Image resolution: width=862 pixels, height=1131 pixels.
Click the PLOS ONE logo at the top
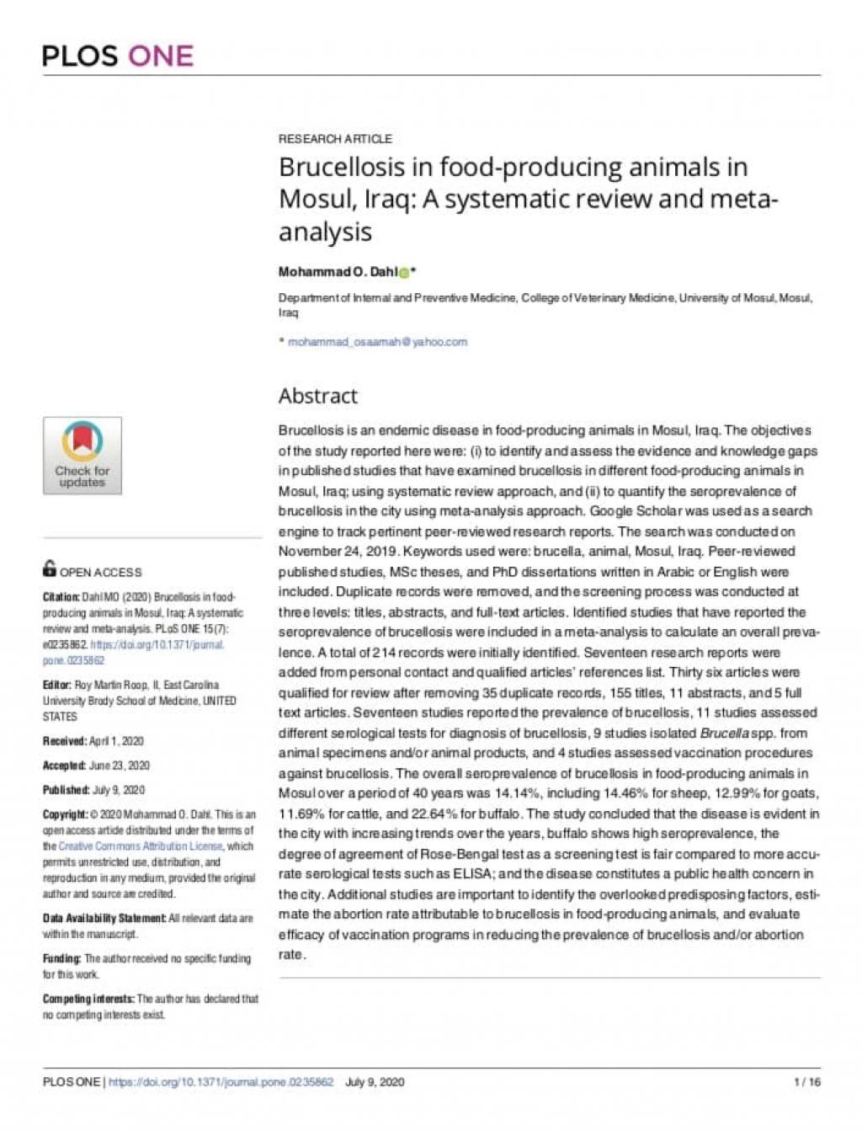[x=118, y=56]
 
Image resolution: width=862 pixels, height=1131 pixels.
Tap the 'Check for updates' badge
[x=82, y=456]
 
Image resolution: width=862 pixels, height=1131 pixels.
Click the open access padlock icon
[x=50, y=568]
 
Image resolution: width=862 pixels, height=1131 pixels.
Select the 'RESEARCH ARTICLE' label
[x=335, y=139]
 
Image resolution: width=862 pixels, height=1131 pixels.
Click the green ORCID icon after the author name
[x=404, y=272]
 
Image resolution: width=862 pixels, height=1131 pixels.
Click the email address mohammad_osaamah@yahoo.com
[x=377, y=342]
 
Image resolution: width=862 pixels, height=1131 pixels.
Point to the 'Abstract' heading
[x=318, y=396]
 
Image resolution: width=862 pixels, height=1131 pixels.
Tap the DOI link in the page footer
[x=221, y=1082]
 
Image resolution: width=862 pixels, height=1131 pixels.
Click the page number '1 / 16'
[x=806, y=1082]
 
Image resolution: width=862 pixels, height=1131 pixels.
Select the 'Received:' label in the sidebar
[x=65, y=741]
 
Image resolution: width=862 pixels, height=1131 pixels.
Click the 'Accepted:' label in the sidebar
[x=64, y=766]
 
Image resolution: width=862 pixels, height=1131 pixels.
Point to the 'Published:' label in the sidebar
[x=66, y=790]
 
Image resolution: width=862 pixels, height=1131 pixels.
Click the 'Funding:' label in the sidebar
[x=61, y=958]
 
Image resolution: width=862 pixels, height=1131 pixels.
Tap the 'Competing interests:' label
[x=88, y=999]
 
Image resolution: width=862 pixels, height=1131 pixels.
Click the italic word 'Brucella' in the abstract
[x=724, y=733]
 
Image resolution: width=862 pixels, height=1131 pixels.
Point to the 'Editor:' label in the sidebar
[x=57, y=685]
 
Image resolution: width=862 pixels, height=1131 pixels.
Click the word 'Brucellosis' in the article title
[x=342, y=167]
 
